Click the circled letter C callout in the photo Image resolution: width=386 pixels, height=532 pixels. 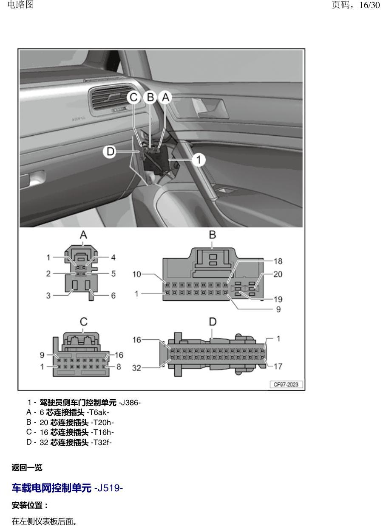click(133, 98)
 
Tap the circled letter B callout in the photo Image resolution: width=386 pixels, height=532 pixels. click(150, 97)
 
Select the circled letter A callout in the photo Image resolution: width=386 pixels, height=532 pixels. click(166, 98)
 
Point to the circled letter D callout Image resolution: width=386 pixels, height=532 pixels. click(110, 151)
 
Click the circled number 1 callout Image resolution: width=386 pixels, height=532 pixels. click(199, 159)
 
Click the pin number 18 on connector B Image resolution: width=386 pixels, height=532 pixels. click(278, 261)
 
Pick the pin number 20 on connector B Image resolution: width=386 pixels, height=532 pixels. click(278, 274)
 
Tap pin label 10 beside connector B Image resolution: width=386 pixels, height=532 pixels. click(137, 274)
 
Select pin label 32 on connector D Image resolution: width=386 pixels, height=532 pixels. click(136, 368)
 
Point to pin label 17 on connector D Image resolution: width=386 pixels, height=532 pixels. click(278, 367)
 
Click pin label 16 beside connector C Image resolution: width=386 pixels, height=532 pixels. click(119, 355)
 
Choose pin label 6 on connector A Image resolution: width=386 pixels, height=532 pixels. click(113, 295)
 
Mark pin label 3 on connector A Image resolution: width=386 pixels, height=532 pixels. click(48, 295)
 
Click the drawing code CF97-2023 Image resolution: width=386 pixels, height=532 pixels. click(286, 384)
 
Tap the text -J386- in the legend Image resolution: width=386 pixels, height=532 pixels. click(130, 403)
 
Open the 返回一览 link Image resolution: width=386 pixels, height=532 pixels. click(27, 468)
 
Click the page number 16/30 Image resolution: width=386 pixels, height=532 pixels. click(369, 5)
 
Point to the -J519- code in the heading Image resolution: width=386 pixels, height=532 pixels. click(108, 488)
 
